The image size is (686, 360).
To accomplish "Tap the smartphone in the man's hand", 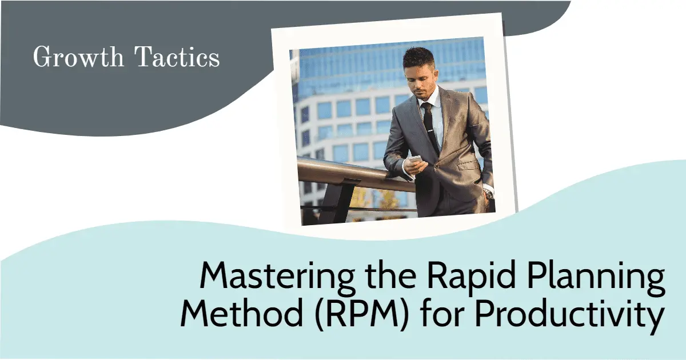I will (x=416, y=160).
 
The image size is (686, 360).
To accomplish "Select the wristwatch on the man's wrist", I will (x=488, y=193).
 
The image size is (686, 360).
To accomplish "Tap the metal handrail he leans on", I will (x=343, y=171).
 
